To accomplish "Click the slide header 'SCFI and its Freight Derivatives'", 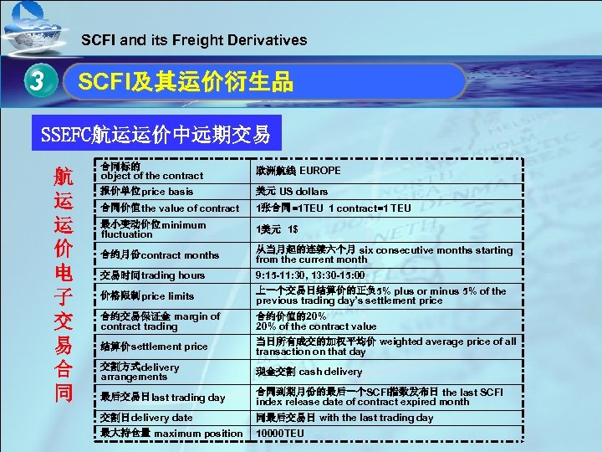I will pos(194,39).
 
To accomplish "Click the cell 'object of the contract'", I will pos(151,171).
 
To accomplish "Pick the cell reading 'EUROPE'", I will pos(298,171).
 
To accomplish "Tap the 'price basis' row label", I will pos(147,192).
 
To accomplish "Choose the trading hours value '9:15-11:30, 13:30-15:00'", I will pos(310,275).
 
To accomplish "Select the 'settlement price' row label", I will pos(154,347).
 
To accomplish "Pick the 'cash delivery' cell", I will pos(309,372).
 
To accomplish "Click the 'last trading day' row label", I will pos(162,398).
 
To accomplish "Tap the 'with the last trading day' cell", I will pos(344,417).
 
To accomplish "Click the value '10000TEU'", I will pos(281,434).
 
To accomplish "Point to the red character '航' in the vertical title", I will pos(64,177).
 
